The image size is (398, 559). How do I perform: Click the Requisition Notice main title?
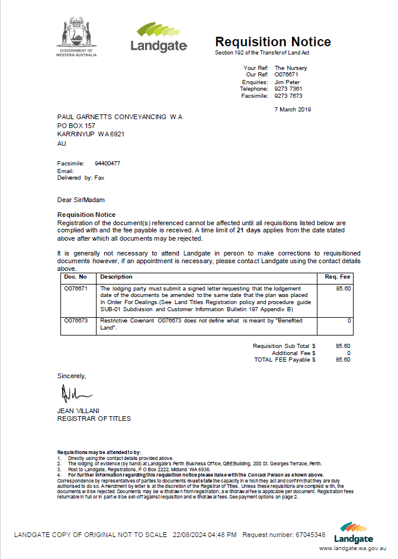click(272, 42)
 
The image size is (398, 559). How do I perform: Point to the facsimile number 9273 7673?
click(288, 95)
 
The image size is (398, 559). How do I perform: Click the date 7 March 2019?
click(293, 109)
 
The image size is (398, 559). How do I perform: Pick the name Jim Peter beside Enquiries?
click(287, 82)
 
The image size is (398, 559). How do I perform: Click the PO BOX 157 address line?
click(76, 126)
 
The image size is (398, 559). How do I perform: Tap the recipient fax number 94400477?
click(107, 163)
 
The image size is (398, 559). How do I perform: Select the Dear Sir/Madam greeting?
click(81, 200)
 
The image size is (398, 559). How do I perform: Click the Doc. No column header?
click(76, 277)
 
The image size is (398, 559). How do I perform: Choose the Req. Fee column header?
click(338, 277)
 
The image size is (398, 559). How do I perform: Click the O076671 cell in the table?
click(76, 288)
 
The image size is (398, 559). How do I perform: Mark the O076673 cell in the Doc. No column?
click(76, 320)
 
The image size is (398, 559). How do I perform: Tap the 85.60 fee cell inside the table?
click(344, 288)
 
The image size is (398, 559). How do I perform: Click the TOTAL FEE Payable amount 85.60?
click(343, 359)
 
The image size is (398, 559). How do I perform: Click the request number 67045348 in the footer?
click(310, 535)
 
